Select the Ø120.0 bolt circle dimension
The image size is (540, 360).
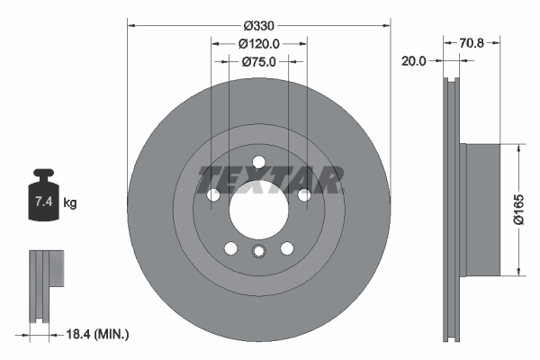tap(259, 42)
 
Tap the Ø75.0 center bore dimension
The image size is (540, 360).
tap(259, 62)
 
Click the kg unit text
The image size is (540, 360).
tap(70, 203)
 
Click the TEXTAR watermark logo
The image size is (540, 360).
tap(270, 180)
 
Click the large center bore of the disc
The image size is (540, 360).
tap(258, 209)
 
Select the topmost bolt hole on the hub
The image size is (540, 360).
tap(259, 162)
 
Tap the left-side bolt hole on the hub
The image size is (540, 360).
tap(213, 195)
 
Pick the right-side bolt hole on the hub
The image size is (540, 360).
tap(304, 195)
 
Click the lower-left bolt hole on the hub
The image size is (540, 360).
tap(231, 248)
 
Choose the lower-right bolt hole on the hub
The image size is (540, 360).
tap(287, 248)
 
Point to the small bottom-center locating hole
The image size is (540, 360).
tap(259, 252)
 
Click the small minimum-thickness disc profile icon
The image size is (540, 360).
tap(46, 284)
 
